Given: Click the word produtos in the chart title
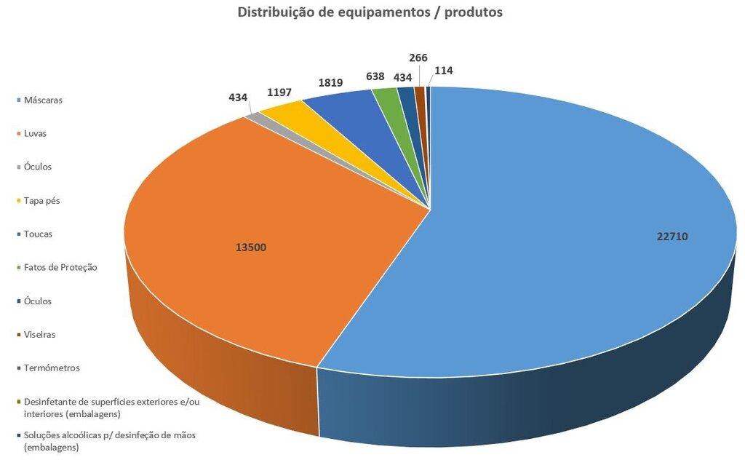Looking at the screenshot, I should click(x=470, y=12).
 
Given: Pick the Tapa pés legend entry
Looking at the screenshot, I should click(x=41, y=200).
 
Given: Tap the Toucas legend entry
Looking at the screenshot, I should click(x=38, y=234).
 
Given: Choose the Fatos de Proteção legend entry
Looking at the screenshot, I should click(x=60, y=267).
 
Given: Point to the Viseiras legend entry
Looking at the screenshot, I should click(x=39, y=334).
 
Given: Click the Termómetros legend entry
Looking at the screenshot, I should click(x=52, y=368).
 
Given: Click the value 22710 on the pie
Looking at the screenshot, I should click(x=671, y=237).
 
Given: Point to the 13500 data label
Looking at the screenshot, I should click(x=250, y=247).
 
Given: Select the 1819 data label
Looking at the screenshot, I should click(x=331, y=82).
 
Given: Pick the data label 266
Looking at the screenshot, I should click(x=418, y=58).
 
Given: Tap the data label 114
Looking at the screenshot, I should click(x=444, y=71).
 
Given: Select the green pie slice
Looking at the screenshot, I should click(x=386, y=95).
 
